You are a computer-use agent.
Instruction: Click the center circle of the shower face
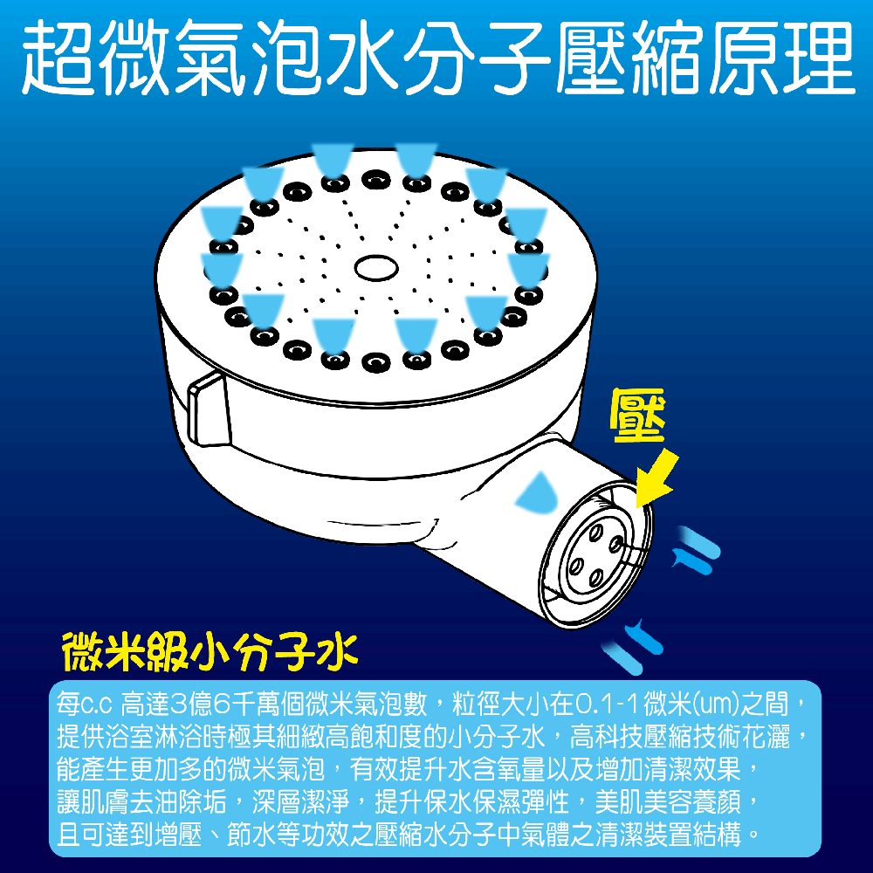click(x=376, y=265)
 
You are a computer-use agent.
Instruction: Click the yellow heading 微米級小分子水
click(x=209, y=650)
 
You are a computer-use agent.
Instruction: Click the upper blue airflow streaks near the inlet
click(x=696, y=546)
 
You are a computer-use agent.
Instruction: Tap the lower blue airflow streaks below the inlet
click(x=636, y=644)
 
